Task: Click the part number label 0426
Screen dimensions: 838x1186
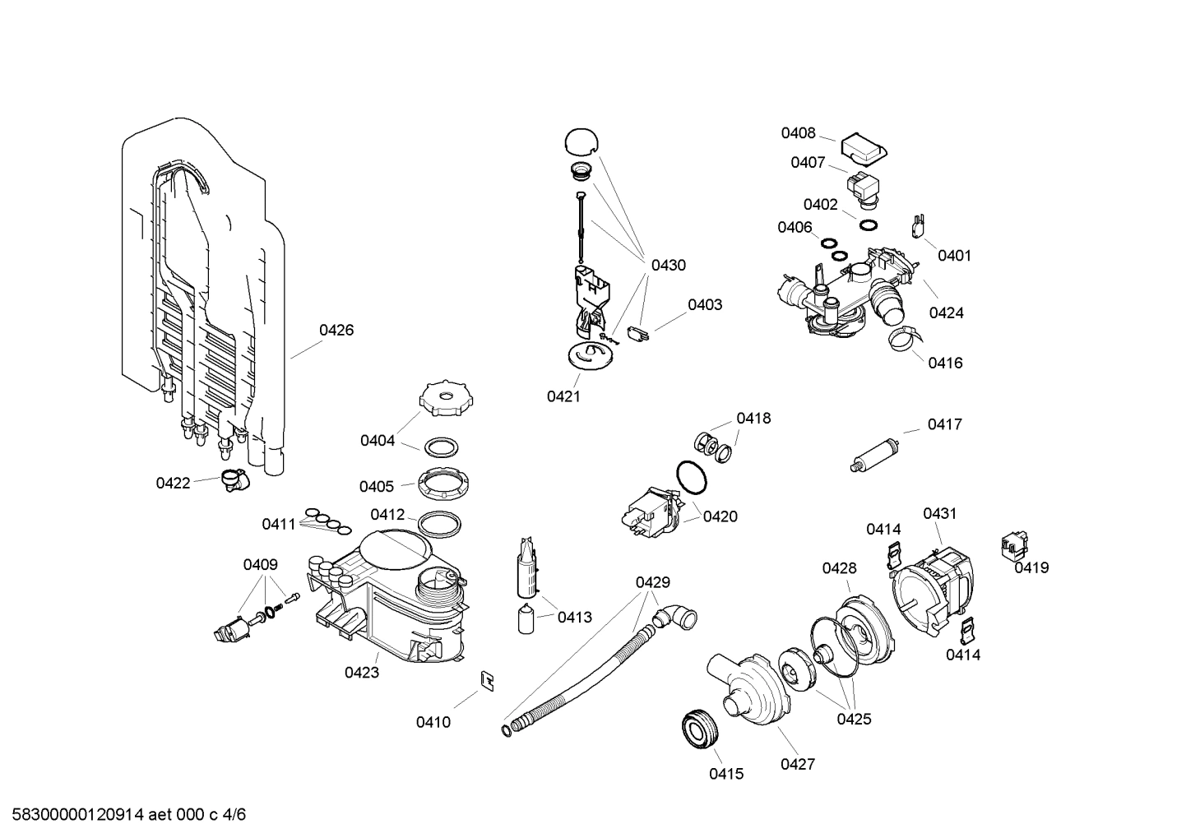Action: (336, 331)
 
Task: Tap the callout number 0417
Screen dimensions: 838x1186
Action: (944, 425)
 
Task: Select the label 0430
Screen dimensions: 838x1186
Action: (668, 266)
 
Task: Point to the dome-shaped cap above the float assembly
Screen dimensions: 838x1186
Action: (581, 141)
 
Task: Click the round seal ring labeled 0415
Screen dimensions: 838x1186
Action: (701, 729)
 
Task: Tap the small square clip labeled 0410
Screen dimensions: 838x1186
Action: (487, 681)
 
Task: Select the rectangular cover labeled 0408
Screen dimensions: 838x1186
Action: (864, 148)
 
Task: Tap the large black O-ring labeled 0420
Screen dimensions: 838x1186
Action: (691, 477)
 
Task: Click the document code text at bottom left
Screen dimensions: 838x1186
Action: (124, 815)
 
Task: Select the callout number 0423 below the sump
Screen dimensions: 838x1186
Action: (362, 673)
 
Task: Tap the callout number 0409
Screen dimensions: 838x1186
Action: (260, 565)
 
